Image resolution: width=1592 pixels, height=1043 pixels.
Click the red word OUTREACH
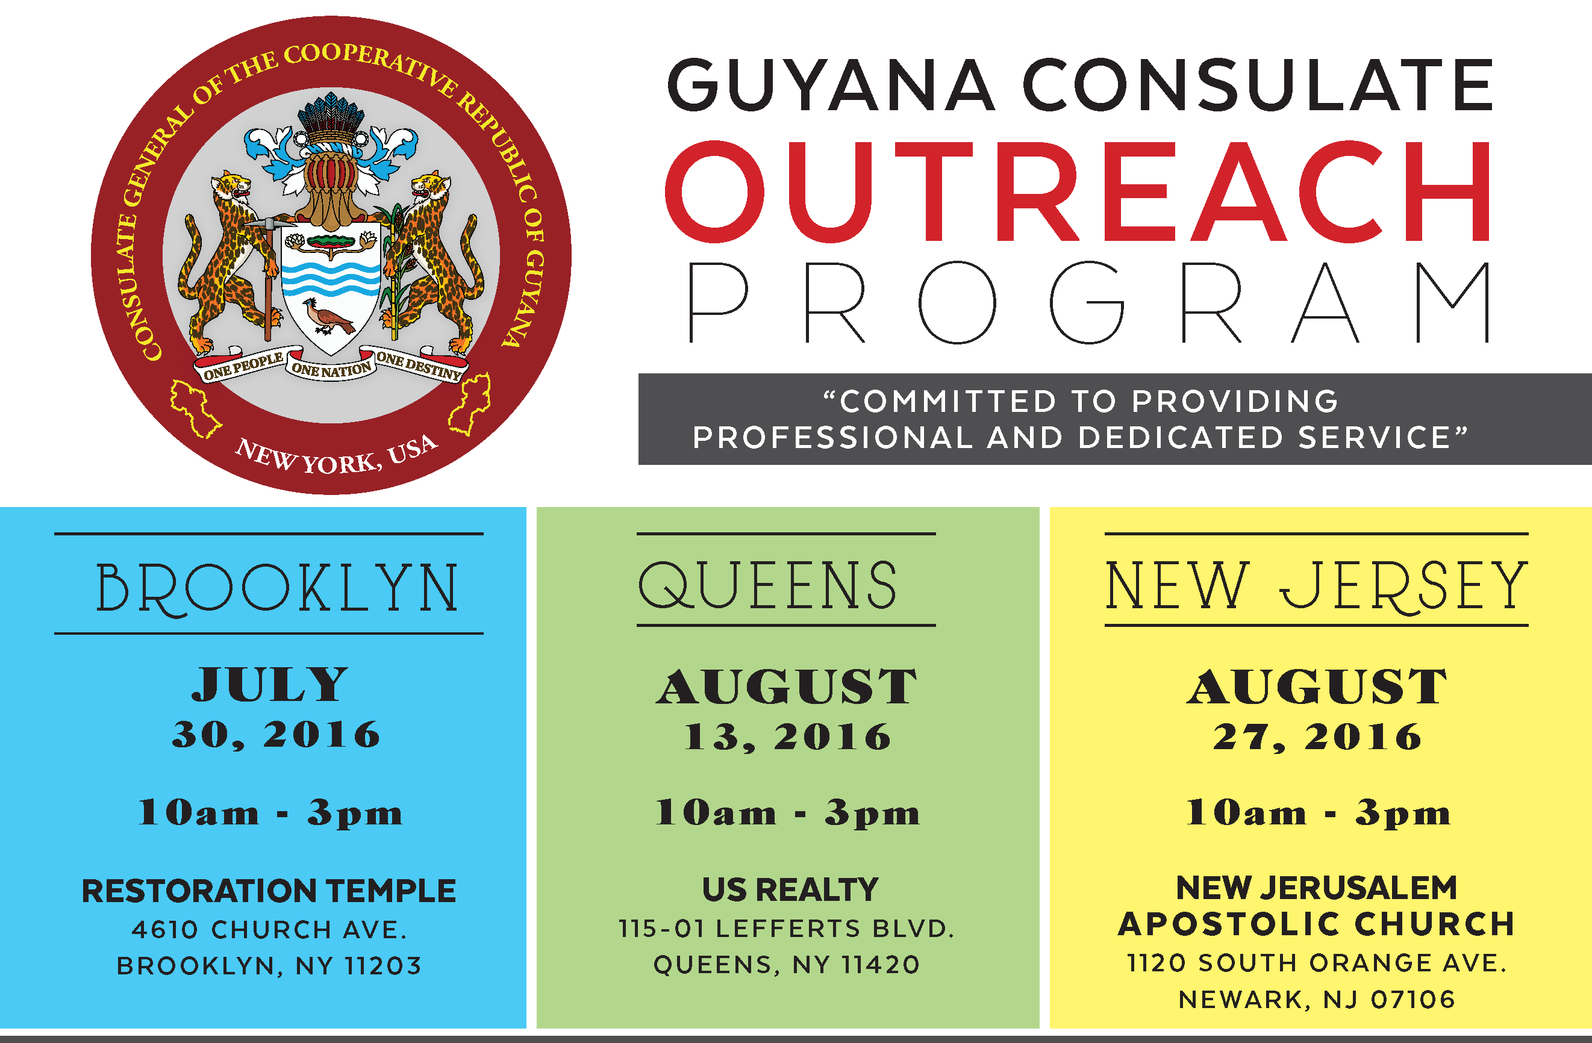1078,191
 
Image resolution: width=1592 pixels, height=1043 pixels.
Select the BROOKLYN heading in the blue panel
277,588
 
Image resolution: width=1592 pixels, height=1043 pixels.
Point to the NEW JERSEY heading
1316,587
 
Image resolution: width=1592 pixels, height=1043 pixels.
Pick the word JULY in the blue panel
270,684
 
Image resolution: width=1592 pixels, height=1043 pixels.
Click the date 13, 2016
787,738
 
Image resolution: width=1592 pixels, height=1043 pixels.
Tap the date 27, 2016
1317,738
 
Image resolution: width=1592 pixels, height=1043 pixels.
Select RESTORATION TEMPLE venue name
269,891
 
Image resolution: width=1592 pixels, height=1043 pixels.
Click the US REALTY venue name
790,890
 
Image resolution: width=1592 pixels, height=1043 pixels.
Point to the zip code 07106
1413,1000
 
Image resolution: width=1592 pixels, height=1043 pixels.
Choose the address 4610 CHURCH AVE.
269,929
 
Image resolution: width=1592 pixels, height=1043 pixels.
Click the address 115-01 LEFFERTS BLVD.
787,928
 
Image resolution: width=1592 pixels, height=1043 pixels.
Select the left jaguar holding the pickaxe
228,264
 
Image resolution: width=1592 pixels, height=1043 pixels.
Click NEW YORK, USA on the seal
337,456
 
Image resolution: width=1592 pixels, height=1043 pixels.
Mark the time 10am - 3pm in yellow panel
1318,813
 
